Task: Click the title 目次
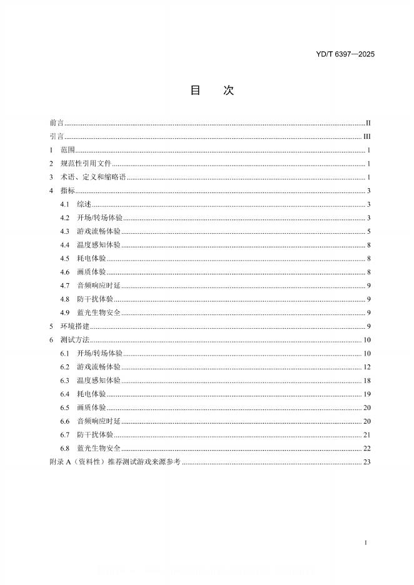point(211,91)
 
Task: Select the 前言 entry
point(56,123)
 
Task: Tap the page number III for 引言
point(368,137)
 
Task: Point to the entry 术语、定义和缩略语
point(93,177)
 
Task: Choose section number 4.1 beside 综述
point(64,204)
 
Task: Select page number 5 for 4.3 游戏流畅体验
point(370,232)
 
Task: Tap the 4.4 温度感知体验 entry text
point(99,245)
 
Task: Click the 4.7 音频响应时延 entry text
point(99,286)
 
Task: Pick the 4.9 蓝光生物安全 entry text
point(99,312)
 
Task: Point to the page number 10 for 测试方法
point(368,340)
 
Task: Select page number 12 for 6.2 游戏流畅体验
point(368,367)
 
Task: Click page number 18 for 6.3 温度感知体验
point(368,381)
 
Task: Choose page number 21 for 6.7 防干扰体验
point(368,434)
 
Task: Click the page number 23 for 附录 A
point(368,462)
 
